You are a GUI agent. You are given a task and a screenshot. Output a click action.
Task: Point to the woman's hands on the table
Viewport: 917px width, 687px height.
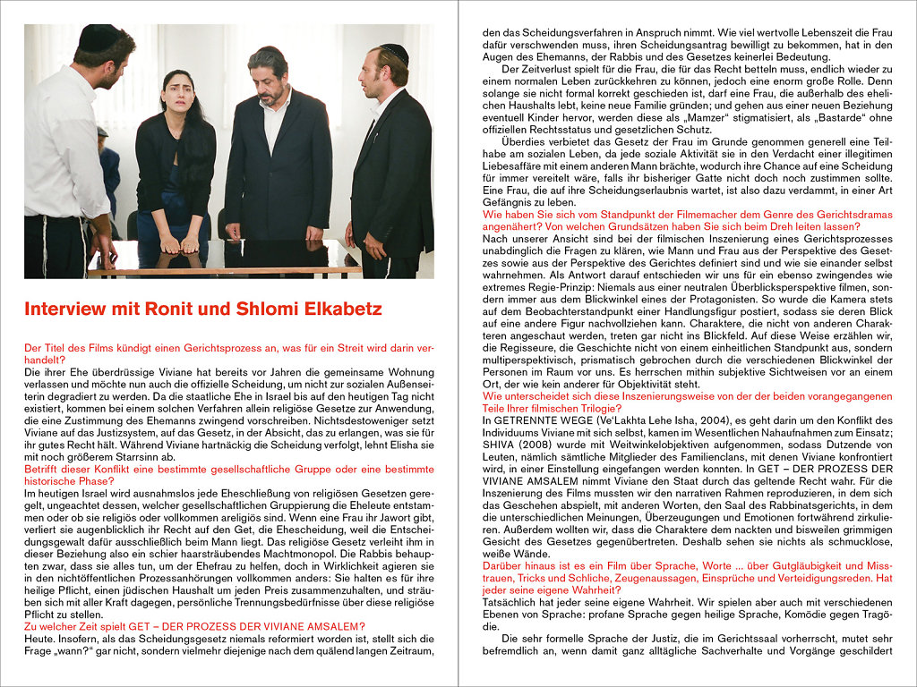(x=179, y=243)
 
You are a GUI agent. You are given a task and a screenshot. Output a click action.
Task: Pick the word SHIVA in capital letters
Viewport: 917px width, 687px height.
(x=500, y=445)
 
